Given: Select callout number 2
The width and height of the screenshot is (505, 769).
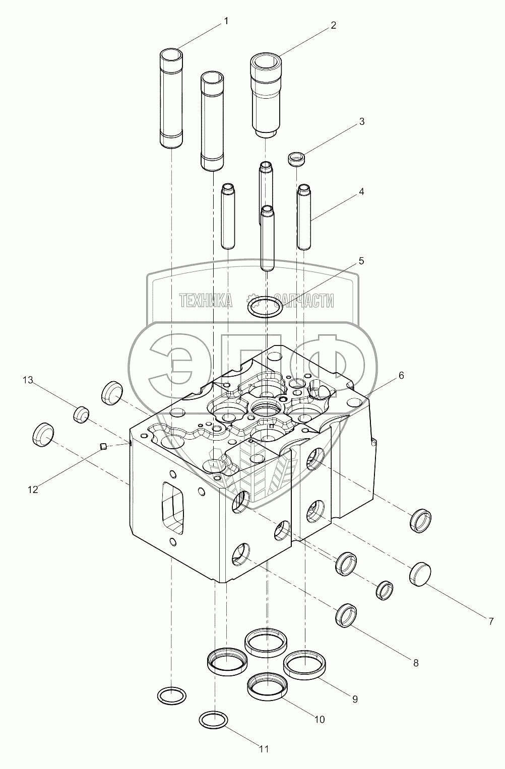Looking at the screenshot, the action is pos(333,26).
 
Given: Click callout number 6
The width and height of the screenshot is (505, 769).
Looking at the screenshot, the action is pos(401,375).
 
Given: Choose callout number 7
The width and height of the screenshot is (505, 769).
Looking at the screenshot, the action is pos(490,621).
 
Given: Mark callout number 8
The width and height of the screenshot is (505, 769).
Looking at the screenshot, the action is pos(416,663).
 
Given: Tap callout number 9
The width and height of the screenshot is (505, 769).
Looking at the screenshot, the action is pos(355,699).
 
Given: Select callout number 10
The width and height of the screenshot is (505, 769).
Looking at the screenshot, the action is pos(320,720).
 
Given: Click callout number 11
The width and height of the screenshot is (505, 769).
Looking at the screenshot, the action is pos(264,749).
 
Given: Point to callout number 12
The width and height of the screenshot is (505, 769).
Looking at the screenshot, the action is pos(33,489).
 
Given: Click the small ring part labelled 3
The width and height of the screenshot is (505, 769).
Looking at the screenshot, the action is pos(297,160).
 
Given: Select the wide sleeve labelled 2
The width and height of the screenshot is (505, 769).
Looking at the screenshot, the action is pos(267,96).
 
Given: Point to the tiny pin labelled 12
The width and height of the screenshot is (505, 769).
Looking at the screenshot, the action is pos(103,445).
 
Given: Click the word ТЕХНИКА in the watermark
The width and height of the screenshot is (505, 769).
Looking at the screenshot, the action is pos(206,301).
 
